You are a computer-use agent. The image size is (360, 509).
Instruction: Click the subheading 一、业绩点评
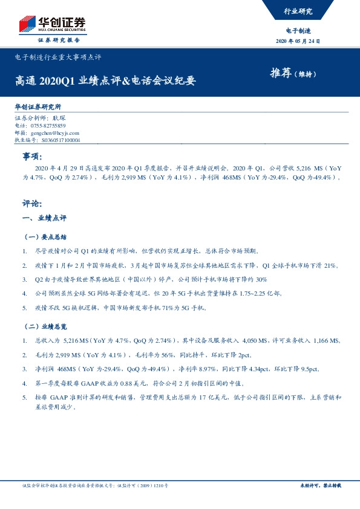[x=44, y=217]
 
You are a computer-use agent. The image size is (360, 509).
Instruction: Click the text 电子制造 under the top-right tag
[x=298, y=30]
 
